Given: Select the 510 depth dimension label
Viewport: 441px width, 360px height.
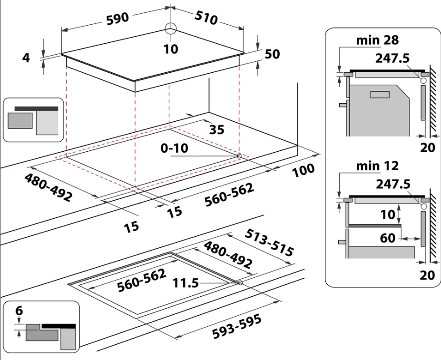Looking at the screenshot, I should [x=206, y=18].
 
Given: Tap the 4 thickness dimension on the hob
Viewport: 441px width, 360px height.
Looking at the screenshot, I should [x=26, y=58].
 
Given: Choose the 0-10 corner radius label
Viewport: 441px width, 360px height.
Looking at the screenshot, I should [x=175, y=148].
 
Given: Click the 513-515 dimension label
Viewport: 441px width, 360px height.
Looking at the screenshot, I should [x=269, y=243].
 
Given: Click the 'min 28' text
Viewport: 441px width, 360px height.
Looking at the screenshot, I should [x=377, y=40].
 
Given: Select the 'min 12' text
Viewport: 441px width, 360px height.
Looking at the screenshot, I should [x=377, y=166].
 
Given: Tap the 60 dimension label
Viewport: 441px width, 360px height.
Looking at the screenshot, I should [x=388, y=237].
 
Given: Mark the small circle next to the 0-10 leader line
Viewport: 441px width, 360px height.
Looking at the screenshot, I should [x=239, y=156].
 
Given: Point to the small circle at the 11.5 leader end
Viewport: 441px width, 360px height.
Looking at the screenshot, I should [x=239, y=283].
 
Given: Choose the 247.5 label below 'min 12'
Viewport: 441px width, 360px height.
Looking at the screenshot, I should [x=393, y=184].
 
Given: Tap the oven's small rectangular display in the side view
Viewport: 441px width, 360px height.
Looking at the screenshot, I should [x=379, y=95].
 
